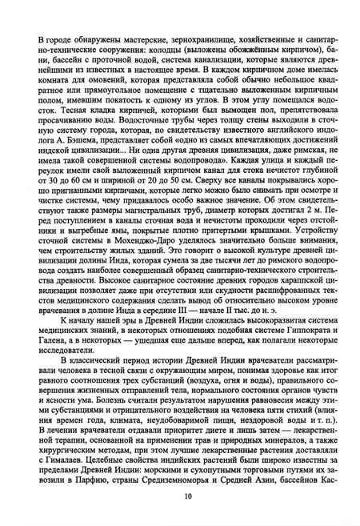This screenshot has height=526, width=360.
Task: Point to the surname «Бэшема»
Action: pyautogui.click(x=64, y=159)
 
